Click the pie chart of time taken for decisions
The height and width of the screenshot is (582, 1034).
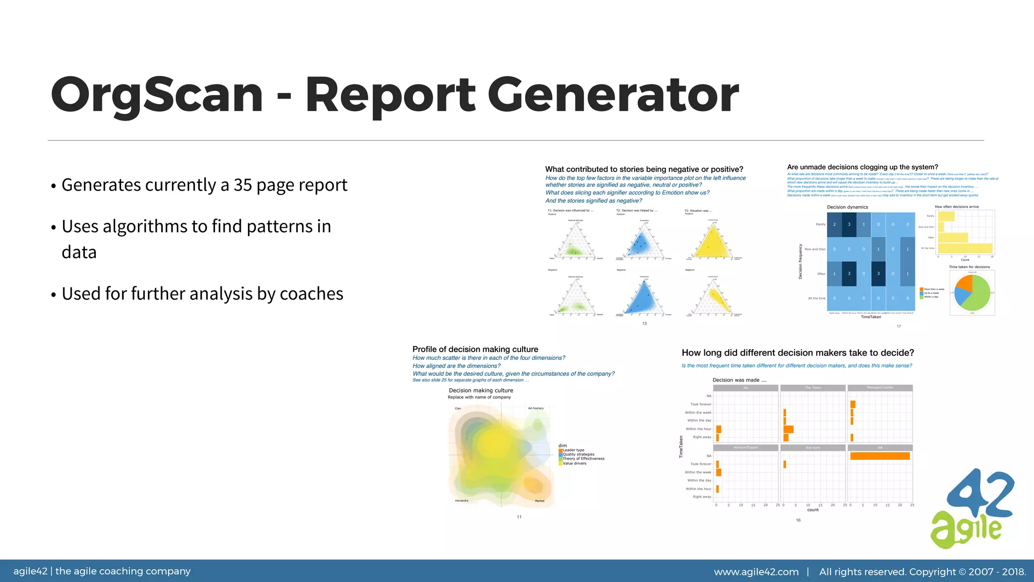(x=972, y=293)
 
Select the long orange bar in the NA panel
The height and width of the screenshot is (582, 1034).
(x=880, y=456)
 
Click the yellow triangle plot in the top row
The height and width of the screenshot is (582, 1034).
(x=712, y=241)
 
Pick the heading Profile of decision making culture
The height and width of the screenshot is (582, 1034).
(x=475, y=349)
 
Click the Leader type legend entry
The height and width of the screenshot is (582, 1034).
(x=573, y=450)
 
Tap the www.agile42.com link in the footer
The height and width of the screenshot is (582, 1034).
(x=756, y=572)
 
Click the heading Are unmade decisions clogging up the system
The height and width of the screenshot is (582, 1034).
(x=862, y=167)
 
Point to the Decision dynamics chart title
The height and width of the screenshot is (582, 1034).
(x=847, y=207)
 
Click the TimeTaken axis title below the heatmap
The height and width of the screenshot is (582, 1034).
(x=871, y=317)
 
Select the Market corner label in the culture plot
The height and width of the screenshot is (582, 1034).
(x=540, y=501)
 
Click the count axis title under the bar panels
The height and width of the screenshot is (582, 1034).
(x=813, y=510)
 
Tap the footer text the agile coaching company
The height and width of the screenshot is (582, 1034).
(x=123, y=571)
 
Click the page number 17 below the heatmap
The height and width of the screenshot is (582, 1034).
(x=899, y=326)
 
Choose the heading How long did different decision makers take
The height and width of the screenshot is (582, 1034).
(x=798, y=353)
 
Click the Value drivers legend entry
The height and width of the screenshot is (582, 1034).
(x=574, y=463)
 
